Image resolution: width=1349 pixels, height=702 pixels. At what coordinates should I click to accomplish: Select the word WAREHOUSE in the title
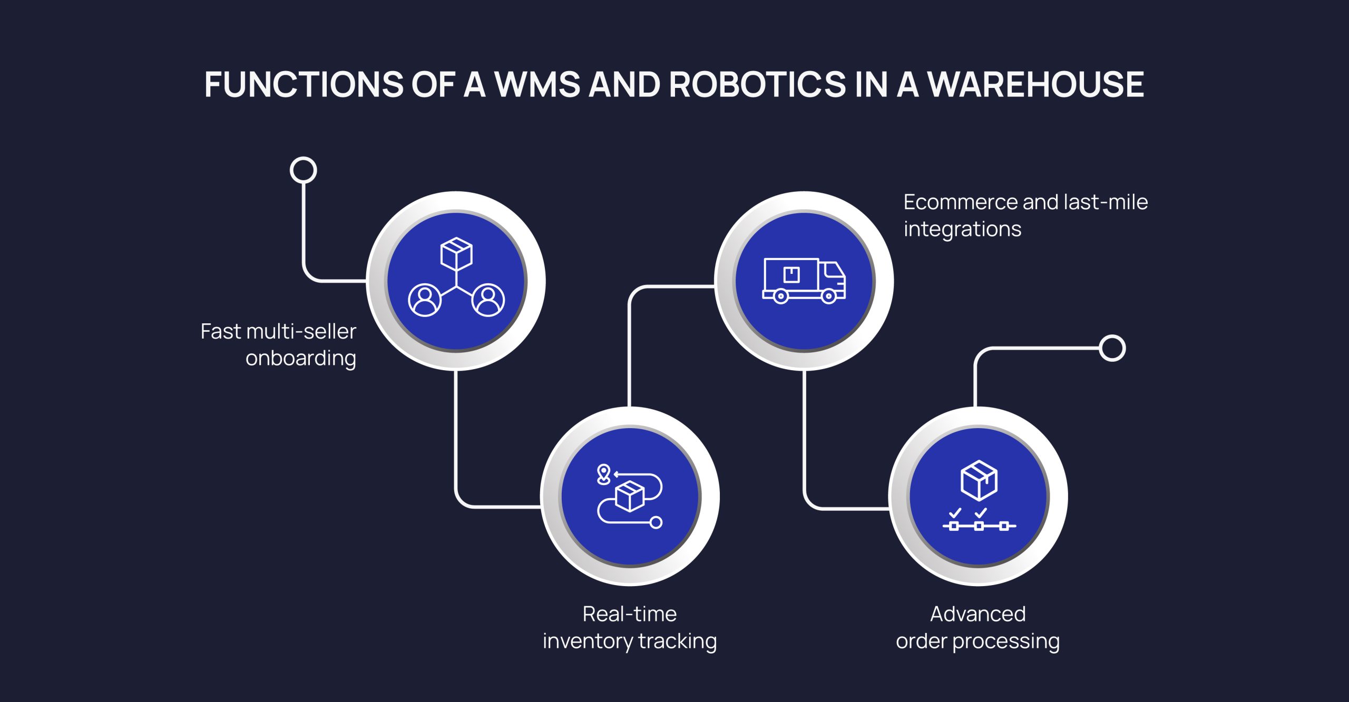(1035, 84)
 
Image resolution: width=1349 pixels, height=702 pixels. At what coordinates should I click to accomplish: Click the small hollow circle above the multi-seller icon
(304, 170)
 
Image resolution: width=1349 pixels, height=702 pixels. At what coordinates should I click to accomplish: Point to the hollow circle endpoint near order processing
(1112, 348)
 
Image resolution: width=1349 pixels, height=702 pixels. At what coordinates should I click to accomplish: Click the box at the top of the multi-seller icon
(456, 253)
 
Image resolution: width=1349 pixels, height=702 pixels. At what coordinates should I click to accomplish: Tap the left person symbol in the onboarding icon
(425, 300)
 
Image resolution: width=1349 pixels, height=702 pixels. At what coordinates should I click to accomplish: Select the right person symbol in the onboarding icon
(488, 300)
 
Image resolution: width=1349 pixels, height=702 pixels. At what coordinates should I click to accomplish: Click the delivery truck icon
(804, 281)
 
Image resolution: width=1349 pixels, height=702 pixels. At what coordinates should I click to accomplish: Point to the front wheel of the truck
(828, 296)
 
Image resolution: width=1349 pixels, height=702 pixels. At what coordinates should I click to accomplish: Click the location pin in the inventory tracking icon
(603, 473)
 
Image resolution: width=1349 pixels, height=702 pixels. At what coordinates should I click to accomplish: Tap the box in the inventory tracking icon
(630, 496)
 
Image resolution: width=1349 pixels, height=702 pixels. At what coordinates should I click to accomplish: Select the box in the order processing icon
(979, 480)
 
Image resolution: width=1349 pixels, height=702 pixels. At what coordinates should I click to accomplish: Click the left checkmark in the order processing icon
(954, 512)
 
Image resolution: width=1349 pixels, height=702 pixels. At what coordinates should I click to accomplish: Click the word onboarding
(301, 359)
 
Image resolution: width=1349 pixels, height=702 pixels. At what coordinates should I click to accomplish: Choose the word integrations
(962, 230)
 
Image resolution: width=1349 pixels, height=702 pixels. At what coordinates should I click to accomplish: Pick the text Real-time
(629, 614)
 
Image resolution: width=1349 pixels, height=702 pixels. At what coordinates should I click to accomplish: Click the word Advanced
(977, 614)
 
